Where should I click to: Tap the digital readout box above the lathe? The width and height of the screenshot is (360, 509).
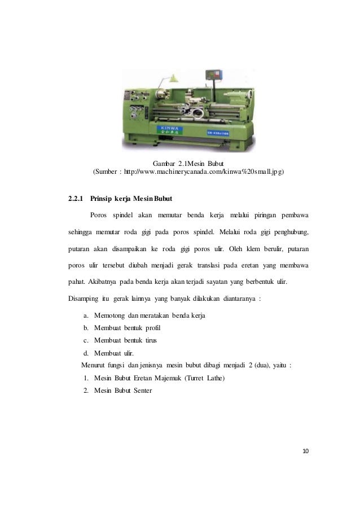coord(215,76)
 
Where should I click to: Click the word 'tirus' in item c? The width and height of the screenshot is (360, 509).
coord(148,340)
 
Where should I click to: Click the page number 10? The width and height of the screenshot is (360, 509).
coord(306,451)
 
